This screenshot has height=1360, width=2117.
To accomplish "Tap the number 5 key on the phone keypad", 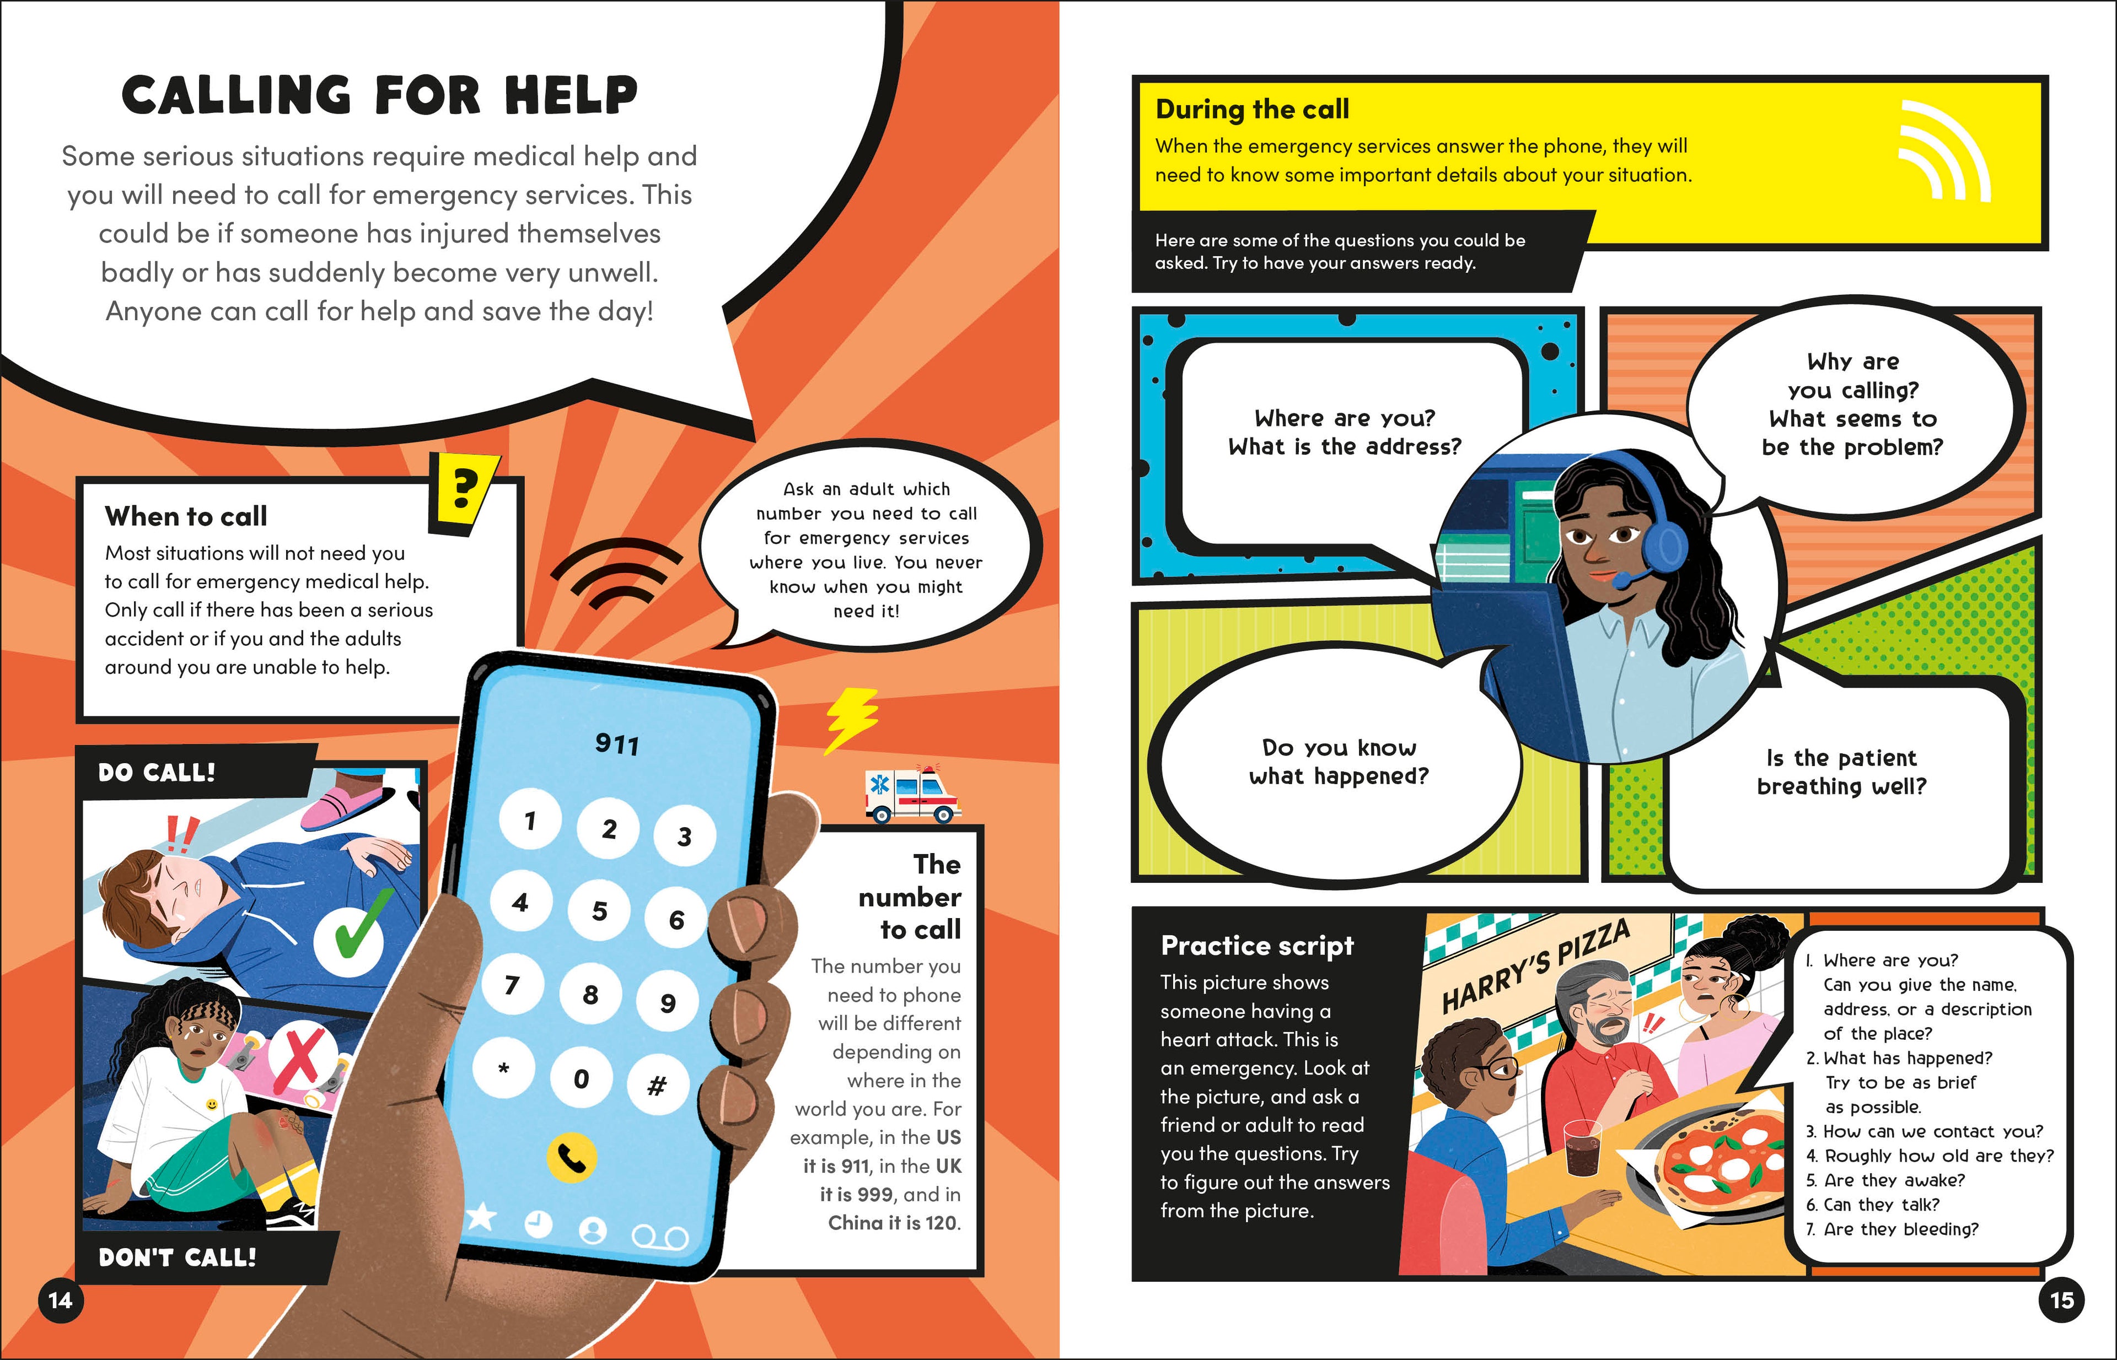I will coord(600,910).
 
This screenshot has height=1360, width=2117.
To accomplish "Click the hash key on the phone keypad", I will coord(657,1086).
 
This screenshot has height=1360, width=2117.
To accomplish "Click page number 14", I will coord(60,1300).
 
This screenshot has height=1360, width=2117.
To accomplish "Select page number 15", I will coord(2061,1300).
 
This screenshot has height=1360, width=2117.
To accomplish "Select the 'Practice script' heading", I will coord(1256,946).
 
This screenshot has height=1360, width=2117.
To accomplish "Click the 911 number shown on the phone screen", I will coord(617,744).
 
